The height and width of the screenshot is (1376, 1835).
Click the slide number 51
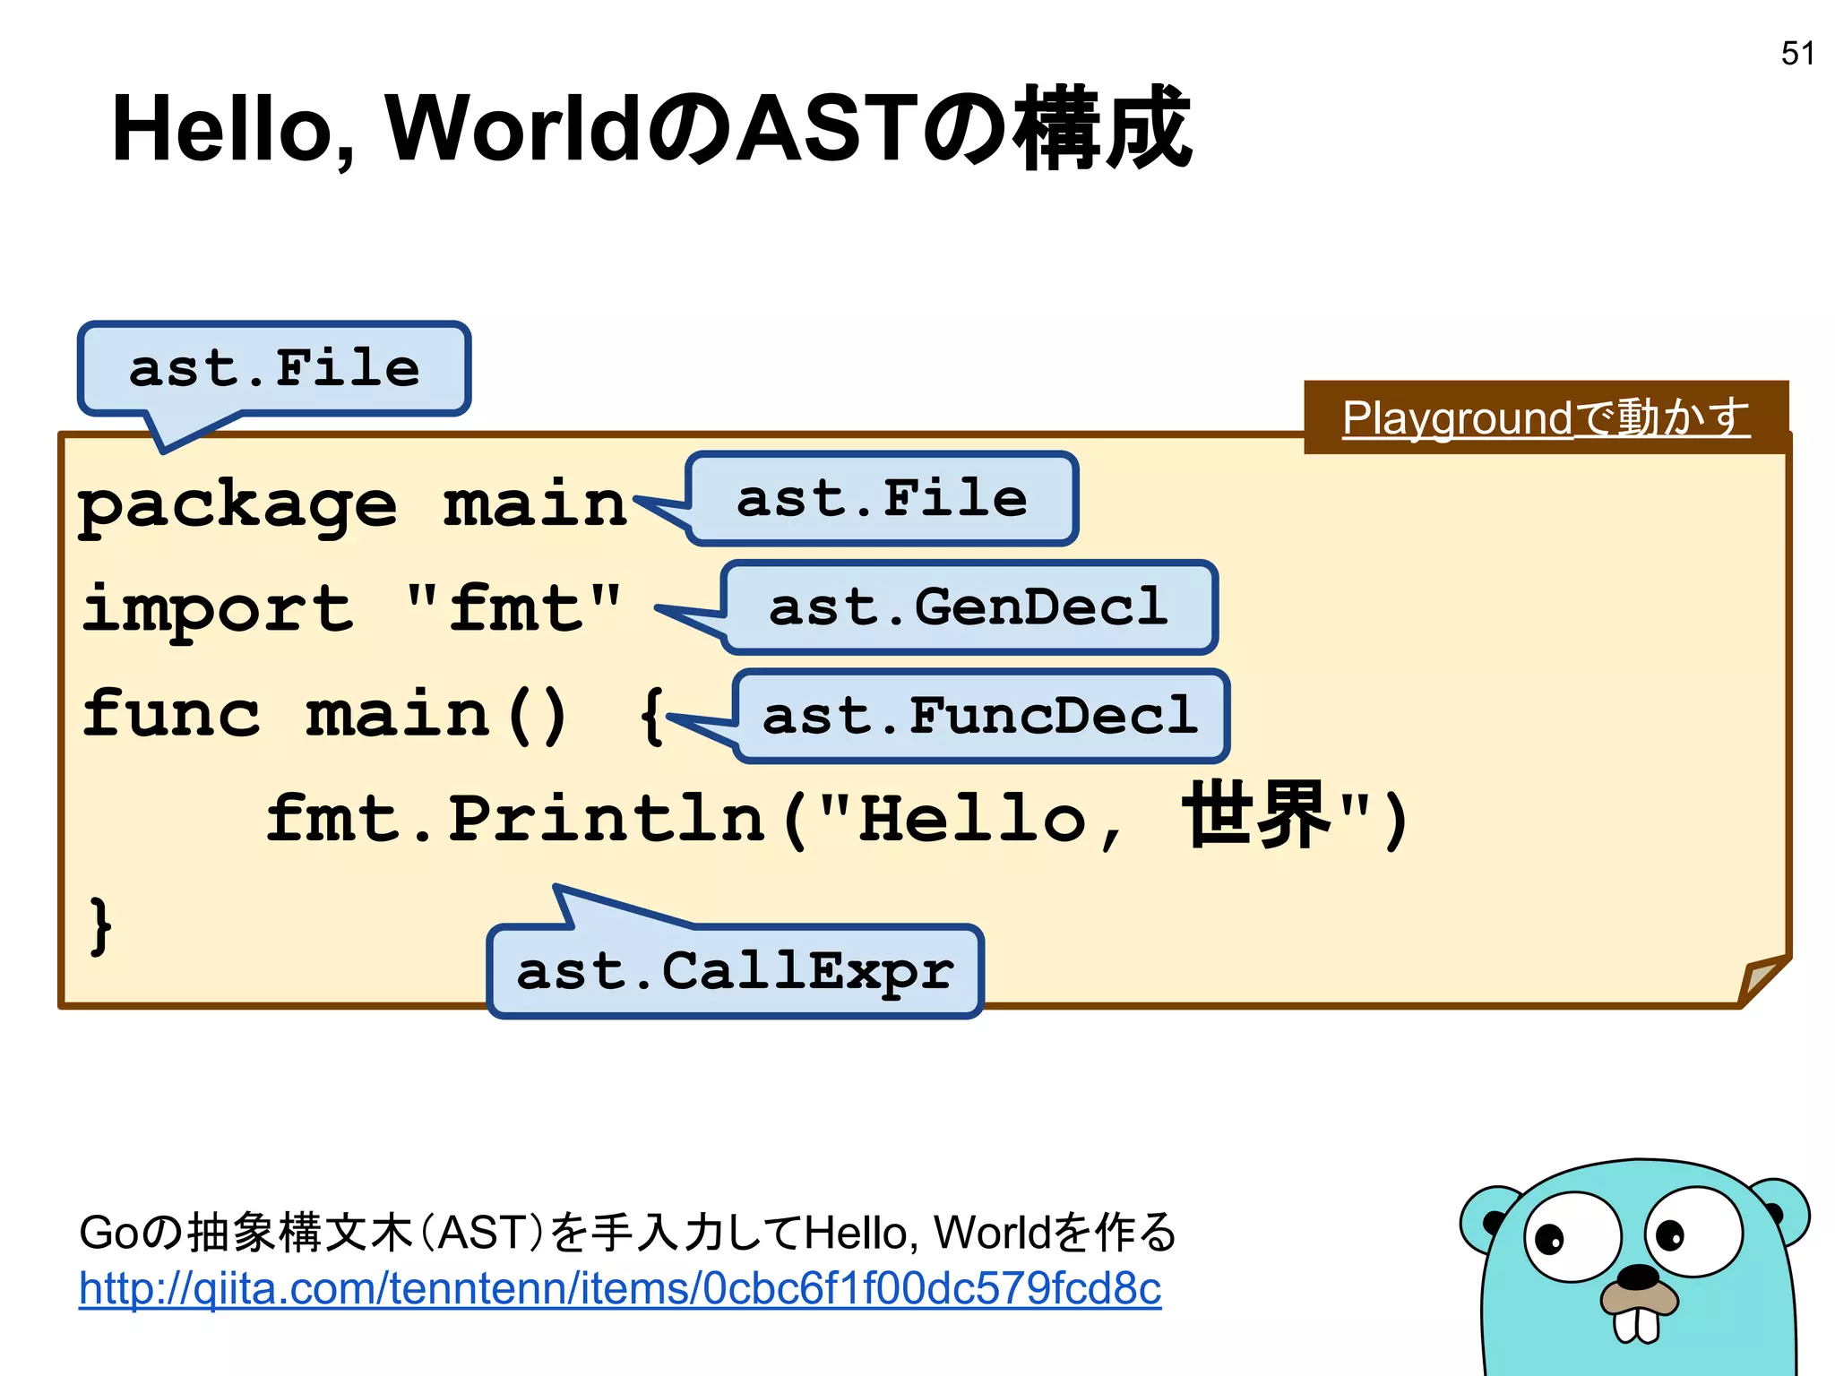pos(1797,54)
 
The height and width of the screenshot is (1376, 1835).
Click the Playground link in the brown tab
pos(1546,418)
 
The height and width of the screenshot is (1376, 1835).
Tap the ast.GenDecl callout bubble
pos(969,607)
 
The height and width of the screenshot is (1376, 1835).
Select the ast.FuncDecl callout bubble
pos(981,716)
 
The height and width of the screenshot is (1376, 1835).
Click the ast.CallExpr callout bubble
pos(736,971)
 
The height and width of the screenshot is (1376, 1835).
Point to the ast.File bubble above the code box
pos(274,368)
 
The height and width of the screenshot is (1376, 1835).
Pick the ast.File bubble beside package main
pos(883,499)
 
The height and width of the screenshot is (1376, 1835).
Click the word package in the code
pos(237,505)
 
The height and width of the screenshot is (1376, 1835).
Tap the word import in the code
pos(218,609)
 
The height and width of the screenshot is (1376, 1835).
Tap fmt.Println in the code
pos(516,819)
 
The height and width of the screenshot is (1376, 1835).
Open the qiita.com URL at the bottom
pos(620,1289)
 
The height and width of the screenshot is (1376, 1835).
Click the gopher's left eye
pos(1572,1235)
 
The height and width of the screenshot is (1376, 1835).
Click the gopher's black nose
pos(1641,1277)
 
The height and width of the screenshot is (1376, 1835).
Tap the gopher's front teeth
pos(1637,1324)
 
